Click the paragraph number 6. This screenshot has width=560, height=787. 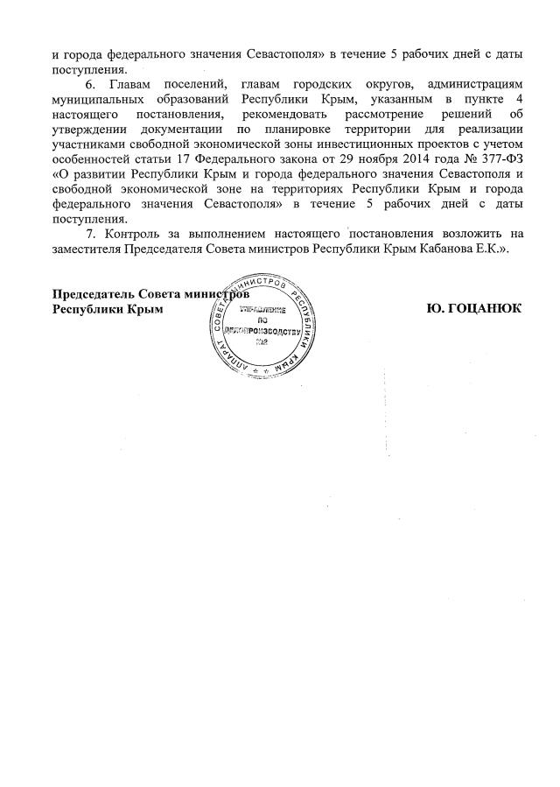click(89, 83)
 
